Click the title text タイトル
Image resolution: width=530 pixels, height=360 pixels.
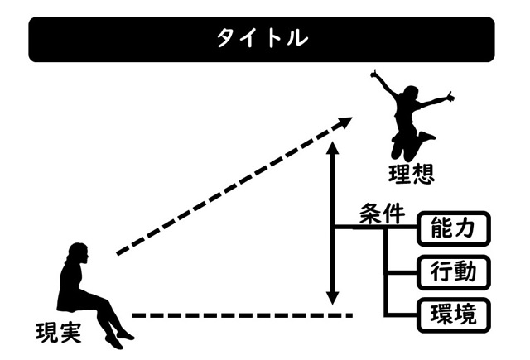[x=263, y=39]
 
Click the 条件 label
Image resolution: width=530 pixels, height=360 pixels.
[x=382, y=214]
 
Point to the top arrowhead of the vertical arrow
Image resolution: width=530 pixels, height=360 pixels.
[x=332, y=149]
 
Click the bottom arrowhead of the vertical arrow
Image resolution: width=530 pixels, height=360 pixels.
[x=332, y=299]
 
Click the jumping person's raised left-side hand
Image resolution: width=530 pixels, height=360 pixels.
[x=376, y=77]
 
